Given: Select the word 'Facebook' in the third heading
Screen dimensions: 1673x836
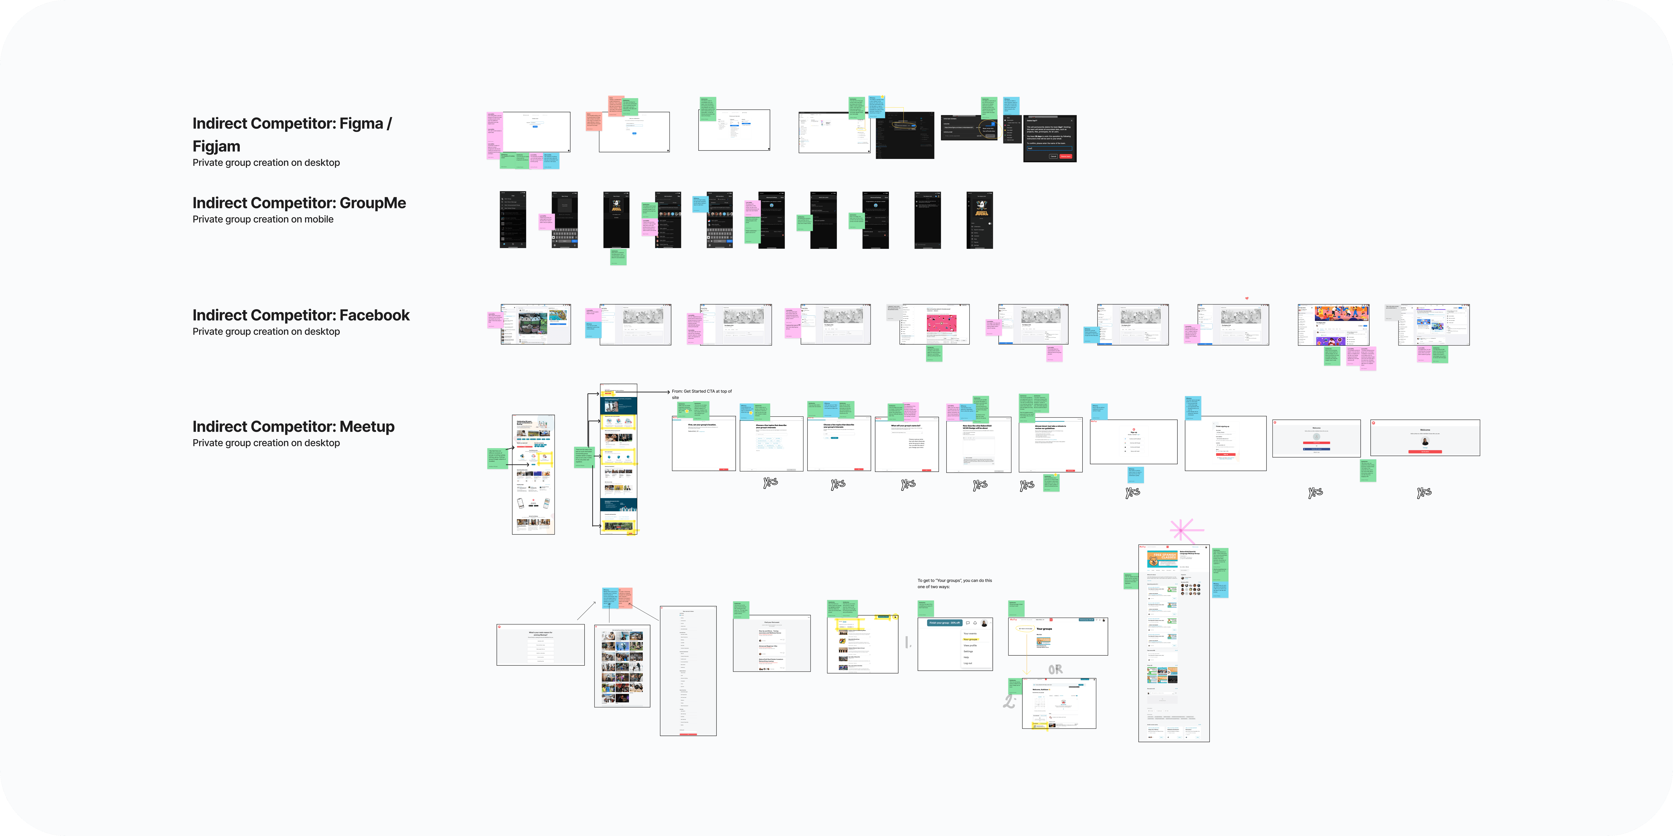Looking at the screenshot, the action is click(374, 316).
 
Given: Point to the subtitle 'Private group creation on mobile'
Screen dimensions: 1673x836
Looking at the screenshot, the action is click(262, 219).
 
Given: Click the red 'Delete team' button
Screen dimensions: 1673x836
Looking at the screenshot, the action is click(1066, 156).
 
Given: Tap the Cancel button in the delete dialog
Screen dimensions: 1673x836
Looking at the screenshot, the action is click(1053, 156).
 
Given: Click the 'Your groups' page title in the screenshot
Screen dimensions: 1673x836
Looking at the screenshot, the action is click(1044, 629).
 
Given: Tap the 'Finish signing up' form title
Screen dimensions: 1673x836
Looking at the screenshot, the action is click(1222, 426).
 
